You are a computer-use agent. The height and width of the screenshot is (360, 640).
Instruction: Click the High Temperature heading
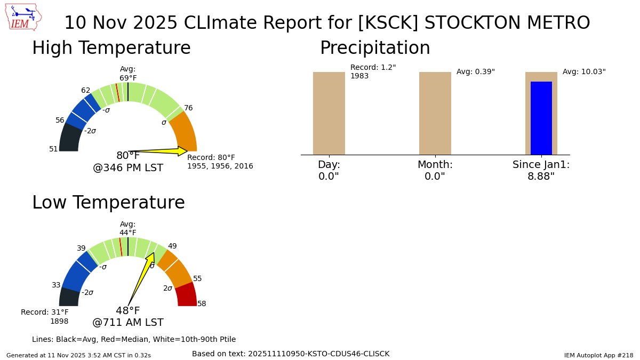(111, 49)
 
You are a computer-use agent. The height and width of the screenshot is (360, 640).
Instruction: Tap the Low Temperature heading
(108, 203)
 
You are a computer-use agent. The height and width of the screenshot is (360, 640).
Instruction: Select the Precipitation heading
(374, 49)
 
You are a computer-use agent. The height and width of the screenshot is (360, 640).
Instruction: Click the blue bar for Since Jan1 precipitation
(541, 118)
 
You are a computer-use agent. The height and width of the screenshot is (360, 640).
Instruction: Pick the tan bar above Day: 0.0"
(329, 113)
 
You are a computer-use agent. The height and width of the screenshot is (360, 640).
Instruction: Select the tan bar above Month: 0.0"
(435, 113)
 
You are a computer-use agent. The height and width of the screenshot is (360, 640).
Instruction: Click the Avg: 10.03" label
(584, 72)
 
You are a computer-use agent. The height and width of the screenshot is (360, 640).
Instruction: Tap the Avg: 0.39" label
(475, 72)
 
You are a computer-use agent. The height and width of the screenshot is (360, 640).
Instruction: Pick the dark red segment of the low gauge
(187, 295)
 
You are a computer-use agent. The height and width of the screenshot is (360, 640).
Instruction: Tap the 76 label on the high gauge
(188, 108)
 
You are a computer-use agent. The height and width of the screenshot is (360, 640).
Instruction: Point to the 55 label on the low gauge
(197, 278)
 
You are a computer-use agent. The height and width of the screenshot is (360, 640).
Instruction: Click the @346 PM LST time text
(128, 168)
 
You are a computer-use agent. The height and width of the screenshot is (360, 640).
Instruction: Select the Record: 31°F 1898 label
(45, 317)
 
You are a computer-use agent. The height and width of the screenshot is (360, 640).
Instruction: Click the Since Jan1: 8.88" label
(541, 170)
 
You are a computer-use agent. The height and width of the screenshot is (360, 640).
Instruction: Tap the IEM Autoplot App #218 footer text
(598, 355)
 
